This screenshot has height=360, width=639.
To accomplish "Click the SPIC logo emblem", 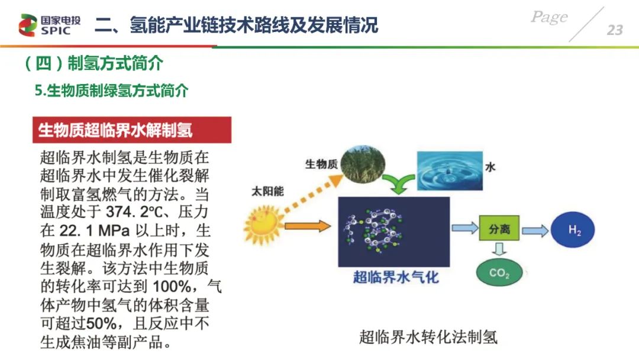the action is click(28, 25).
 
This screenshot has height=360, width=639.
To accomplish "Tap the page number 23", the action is click(615, 30).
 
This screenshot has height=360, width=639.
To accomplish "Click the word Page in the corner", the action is click(549, 17).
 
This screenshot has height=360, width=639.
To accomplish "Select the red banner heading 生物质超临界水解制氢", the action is click(132, 130).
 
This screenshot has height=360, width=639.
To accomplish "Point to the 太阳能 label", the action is click(267, 191).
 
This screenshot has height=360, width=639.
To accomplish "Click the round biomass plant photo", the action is click(362, 165).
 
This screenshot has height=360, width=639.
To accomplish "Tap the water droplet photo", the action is click(450, 171).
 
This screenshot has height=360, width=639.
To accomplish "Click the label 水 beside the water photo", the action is click(490, 167).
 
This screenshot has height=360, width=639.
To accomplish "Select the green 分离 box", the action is click(499, 229).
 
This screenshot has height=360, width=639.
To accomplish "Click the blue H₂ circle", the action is click(573, 230).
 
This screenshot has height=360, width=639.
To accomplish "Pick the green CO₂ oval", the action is click(499, 272).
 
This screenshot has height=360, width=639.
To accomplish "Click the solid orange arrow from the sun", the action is click(308, 226).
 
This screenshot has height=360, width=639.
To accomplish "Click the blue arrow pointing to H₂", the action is click(535, 231).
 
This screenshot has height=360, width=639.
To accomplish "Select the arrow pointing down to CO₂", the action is click(499, 249).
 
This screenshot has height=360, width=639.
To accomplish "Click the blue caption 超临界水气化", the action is click(396, 277).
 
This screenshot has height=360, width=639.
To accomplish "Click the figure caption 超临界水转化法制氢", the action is click(428, 337).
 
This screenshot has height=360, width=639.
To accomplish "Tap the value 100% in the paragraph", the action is click(172, 287).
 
